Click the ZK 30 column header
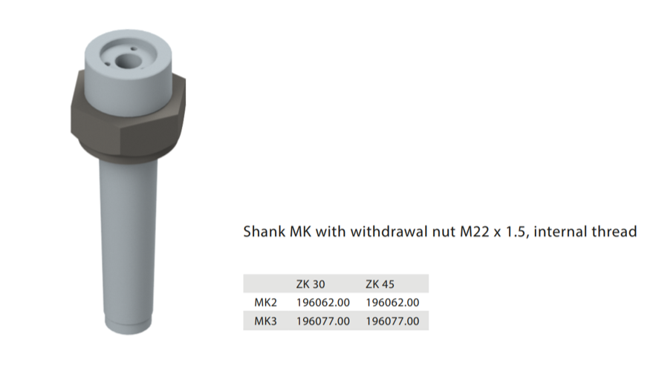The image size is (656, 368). [311, 284]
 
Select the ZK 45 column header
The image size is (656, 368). [380, 284]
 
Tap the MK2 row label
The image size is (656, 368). [266, 303]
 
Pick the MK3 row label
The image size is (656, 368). [266, 321]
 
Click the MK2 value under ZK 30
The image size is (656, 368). [323, 303]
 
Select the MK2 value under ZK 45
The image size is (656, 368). [392, 303]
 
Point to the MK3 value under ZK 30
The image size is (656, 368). [323, 321]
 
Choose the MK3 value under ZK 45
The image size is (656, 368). [392, 321]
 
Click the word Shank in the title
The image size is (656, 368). [264, 231]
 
